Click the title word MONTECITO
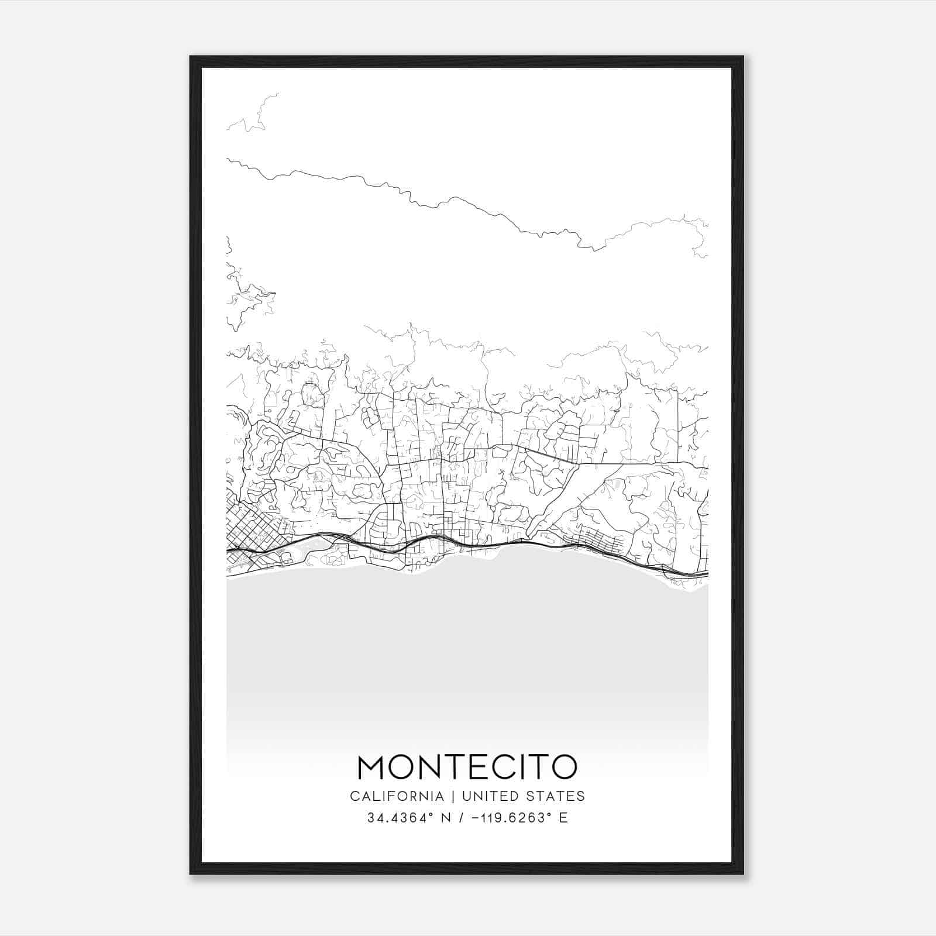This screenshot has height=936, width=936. [467, 767]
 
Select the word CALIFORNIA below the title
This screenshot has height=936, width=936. [396, 796]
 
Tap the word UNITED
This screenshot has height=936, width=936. [489, 796]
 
